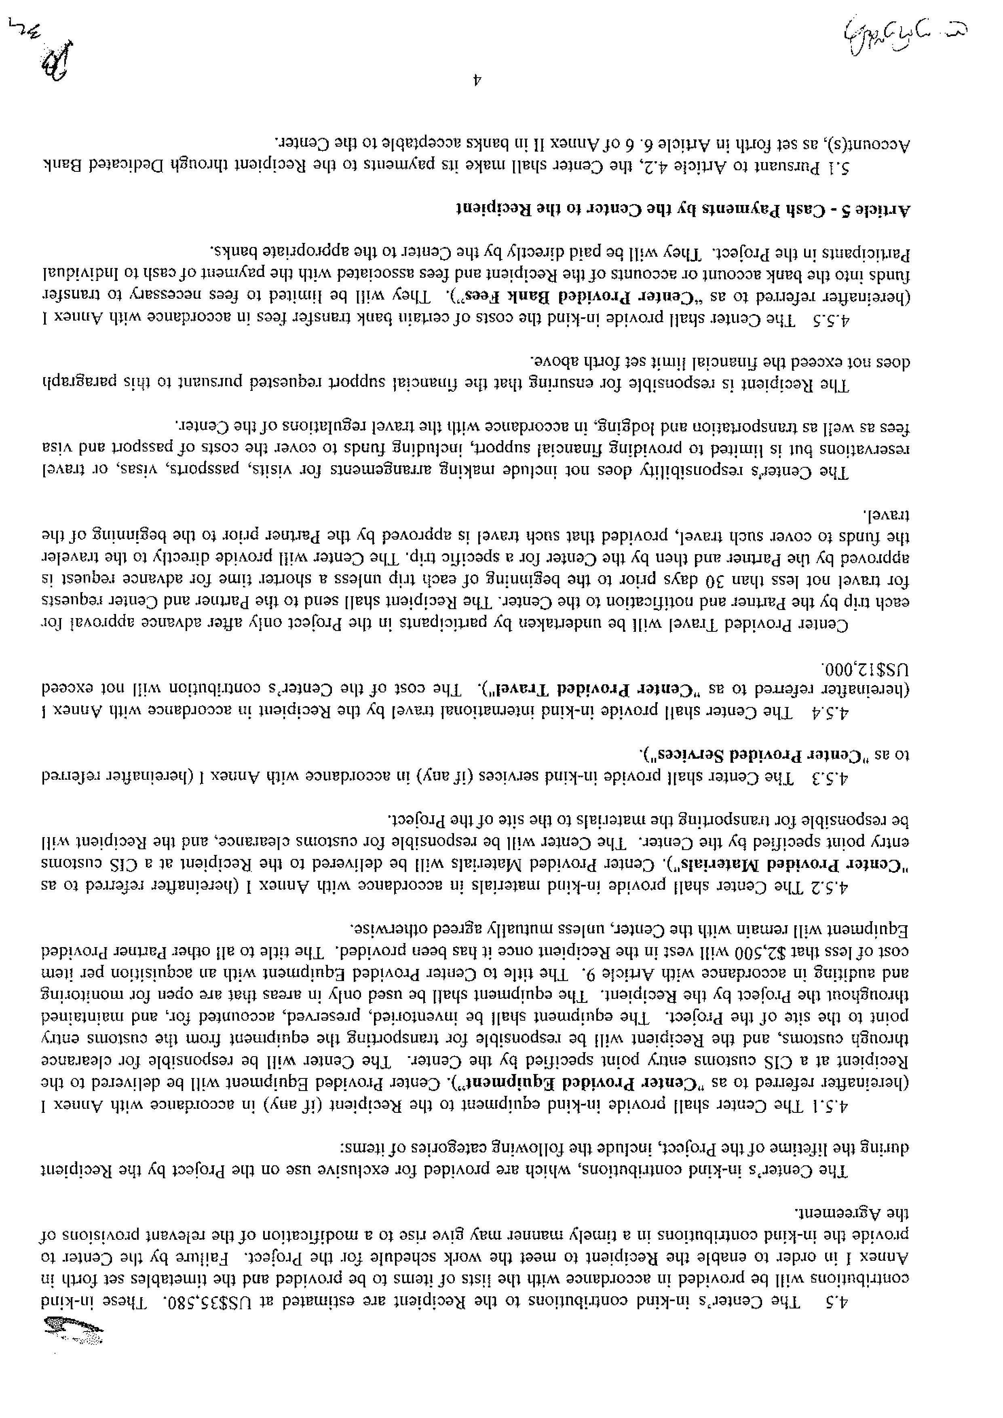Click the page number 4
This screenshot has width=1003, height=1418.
pyautogui.click(x=476, y=80)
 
